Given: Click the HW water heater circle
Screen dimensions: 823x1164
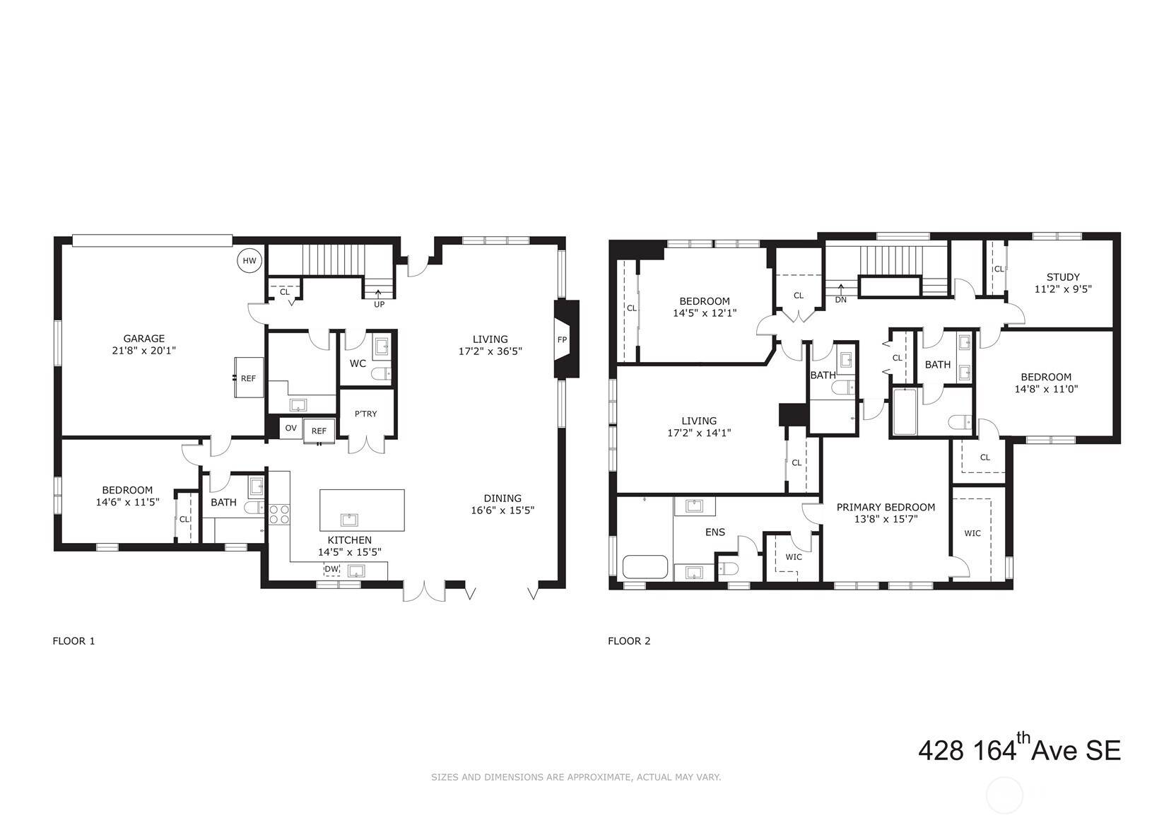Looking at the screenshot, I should coord(249,261).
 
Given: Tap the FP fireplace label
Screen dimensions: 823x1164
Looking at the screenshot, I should coord(562,339).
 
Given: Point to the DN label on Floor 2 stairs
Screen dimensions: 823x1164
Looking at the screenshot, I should coord(840,299).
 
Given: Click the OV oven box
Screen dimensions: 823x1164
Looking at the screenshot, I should coord(290,428).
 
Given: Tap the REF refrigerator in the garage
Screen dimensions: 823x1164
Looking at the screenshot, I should coord(248,378).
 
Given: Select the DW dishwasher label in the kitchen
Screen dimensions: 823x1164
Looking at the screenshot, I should coord(331,569).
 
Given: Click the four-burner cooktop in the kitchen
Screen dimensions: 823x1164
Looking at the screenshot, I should coord(279,514).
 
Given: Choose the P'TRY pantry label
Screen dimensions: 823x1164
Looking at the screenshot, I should coord(366,414).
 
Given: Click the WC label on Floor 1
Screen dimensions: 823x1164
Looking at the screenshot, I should coord(358,363).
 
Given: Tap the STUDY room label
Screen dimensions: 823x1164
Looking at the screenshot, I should coord(1063,277).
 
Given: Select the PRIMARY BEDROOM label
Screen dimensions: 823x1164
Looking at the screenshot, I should coord(886,507).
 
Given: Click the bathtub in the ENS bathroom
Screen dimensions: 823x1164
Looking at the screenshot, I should coord(645,567).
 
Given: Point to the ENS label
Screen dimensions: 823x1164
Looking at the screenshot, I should coord(715,532).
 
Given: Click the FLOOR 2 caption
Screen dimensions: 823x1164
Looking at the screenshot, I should coord(629,641).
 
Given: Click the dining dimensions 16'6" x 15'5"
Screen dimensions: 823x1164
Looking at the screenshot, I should coord(502,510).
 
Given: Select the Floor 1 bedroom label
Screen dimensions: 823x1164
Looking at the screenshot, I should coord(127,490).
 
